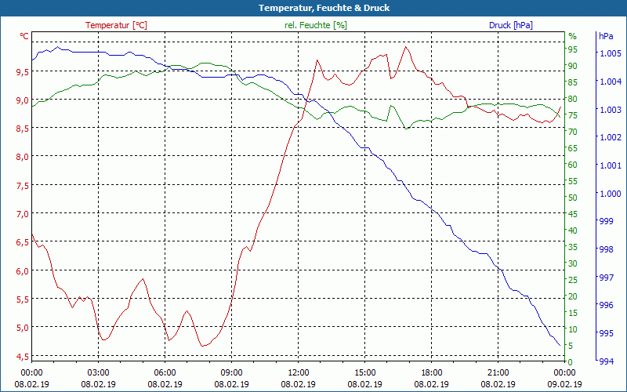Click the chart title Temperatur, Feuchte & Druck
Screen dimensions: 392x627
click(x=313, y=8)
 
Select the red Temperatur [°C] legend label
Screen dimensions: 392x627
click(x=116, y=25)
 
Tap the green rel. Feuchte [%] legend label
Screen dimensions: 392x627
click(x=315, y=25)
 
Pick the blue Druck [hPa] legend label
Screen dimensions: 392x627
click(x=511, y=25)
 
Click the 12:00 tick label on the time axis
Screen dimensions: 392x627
click(x=299, y=372)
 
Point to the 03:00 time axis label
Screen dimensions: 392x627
click(x=98, y=372)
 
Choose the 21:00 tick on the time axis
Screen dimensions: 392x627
click(x=498, y=372)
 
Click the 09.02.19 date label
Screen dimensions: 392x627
click(x=565, y=384)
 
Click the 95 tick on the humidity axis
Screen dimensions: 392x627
click(x=573, y=49)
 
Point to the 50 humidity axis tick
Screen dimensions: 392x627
click(x=573, y=198)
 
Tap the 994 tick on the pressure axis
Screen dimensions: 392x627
click(x=605, y=361)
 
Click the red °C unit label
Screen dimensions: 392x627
click(x=24, y=36)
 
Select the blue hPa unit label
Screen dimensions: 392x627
click(x=605, y=36)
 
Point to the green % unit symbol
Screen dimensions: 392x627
click(x=572, y=36)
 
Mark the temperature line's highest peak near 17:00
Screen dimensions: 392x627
click(x=405, y=46)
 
